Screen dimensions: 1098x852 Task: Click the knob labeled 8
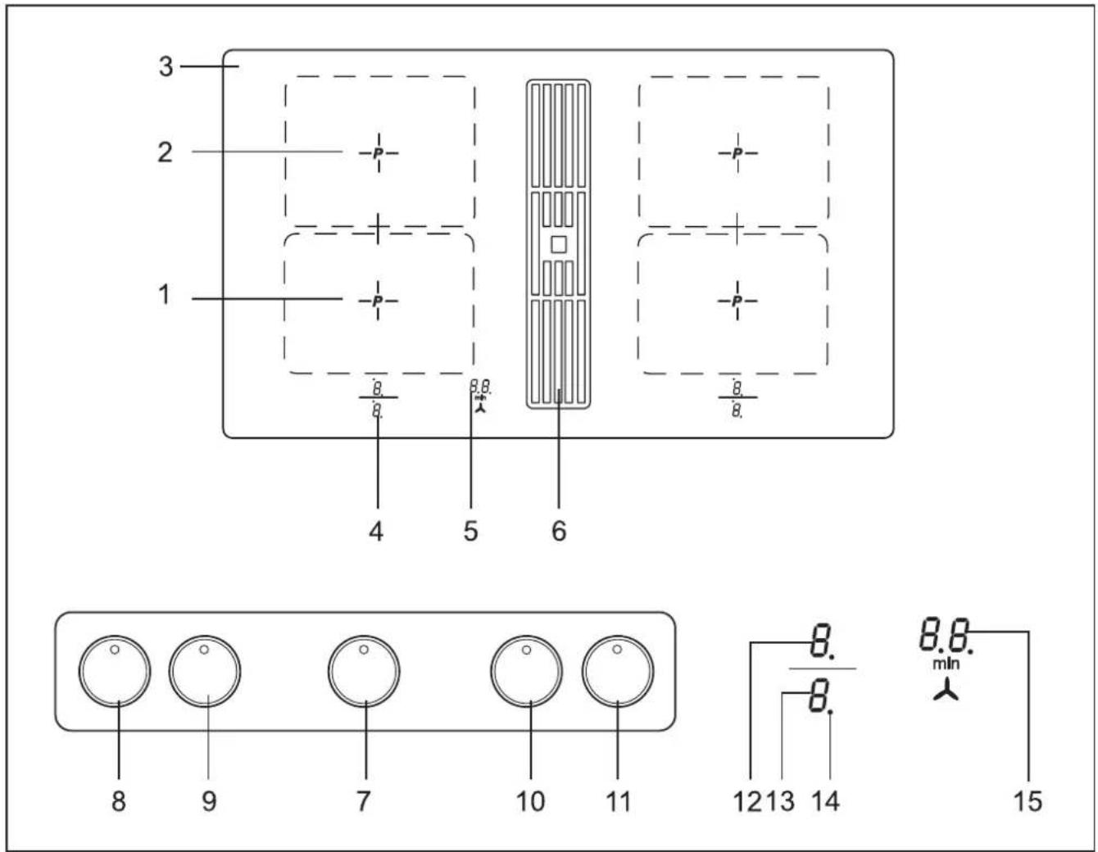tap(115, 671)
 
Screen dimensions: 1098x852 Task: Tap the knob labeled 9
tap(205, 671)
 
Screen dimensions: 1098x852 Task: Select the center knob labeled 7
tap(364, 671)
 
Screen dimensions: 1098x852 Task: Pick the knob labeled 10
tap(527, 671)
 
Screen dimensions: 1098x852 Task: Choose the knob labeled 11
tap(618, 671)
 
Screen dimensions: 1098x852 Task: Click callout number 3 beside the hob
tap(166, 66)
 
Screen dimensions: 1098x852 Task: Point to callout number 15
tap(1028, 801)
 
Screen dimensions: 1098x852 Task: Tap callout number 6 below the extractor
tap(559, 532)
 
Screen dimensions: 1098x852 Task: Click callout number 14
tap(826, 801)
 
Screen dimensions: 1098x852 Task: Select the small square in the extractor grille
tap(558, 245)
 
